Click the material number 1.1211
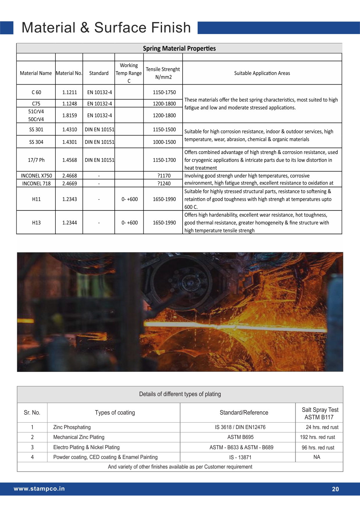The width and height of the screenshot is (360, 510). coord(69,92)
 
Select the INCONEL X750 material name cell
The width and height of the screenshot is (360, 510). coord(36,176)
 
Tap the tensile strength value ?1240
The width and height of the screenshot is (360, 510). coord(164,183)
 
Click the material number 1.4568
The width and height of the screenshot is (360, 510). coord(69,160)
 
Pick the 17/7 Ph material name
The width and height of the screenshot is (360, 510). coord(36,160)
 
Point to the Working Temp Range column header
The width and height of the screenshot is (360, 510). coord(129,73)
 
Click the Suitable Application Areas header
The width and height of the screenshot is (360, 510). coord(262,73)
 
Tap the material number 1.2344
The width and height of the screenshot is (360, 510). coord(69,223)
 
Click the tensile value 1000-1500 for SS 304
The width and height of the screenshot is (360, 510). coord(164,142)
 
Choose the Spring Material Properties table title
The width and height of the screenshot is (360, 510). coord(179,49)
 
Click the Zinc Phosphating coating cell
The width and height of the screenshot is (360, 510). coord(72,427)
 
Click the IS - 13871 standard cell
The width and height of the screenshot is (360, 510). coord(240,457)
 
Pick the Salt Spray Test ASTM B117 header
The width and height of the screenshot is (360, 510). coord(320,413)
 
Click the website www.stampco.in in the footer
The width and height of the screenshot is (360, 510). coord(39,489)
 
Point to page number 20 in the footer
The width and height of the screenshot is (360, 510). coord(335,489)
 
